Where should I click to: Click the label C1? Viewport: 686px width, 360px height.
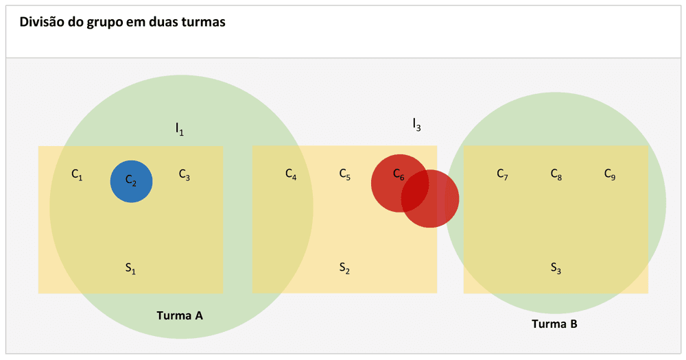point(77,175)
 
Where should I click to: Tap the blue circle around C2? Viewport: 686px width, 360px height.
point(131,182)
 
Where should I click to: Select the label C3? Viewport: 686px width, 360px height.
point(184,175)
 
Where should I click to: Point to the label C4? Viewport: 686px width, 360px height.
point(291,175)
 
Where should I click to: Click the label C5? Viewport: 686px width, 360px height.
point(345,175)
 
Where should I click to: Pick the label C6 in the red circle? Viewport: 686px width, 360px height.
point(399,175)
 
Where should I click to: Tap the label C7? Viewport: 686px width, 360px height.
point(502,175)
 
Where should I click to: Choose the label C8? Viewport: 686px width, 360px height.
point(556,175)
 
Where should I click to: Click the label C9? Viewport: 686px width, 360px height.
point(610,175)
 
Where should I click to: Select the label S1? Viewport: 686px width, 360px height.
point(130,268)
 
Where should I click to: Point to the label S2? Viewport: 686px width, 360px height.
point(344,267)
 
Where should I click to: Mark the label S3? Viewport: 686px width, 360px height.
point(556,267)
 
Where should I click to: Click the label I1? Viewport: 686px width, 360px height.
point(179,129)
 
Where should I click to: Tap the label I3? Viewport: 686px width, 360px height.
point(416,125)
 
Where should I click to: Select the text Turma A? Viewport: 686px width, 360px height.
point(180,315)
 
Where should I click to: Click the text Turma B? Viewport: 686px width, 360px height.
point(554,324)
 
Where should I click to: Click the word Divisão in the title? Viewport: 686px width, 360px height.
point(42,22)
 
